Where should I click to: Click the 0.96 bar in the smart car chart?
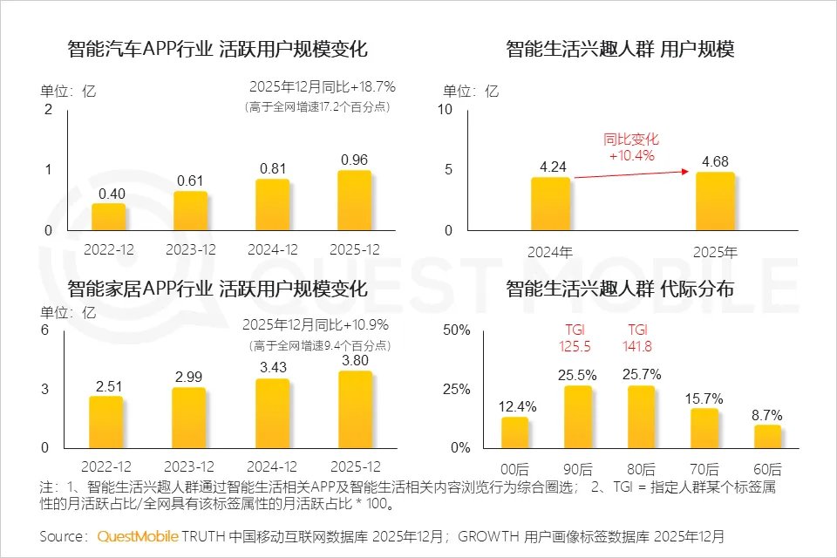(x=354, y=200)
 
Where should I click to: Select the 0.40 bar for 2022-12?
(x=109, y=216)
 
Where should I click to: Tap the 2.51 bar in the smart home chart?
(x=105, y=421)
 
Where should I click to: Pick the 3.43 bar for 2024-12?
(x=272, y=412)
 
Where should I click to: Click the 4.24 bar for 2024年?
(x=550, y=203)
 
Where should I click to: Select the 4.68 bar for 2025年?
(x=715, y=201)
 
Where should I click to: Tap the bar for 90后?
(x=578, y=416)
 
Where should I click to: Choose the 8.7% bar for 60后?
(x=767, y=435)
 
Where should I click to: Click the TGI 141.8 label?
(x=639, y=338)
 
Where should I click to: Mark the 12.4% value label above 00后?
(x=518, y=406)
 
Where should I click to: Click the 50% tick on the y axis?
(x=457, y=330)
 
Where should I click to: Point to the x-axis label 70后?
(x=704, y=468)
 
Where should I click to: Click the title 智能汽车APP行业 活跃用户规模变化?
(x=217, y=49)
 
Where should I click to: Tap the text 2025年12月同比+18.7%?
(x=322, y=86)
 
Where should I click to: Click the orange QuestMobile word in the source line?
(x=138, y=534)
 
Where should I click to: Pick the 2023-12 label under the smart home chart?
(x=190, y=467)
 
